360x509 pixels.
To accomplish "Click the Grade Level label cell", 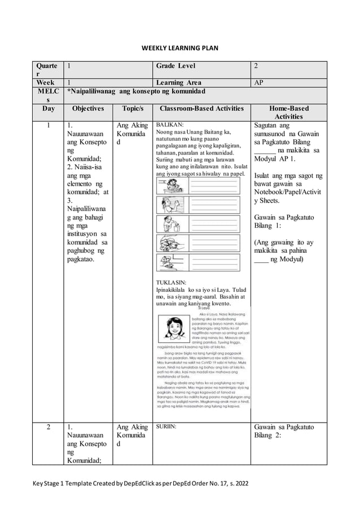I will pos(175,65).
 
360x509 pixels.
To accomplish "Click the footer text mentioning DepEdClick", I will pos(135,484).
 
